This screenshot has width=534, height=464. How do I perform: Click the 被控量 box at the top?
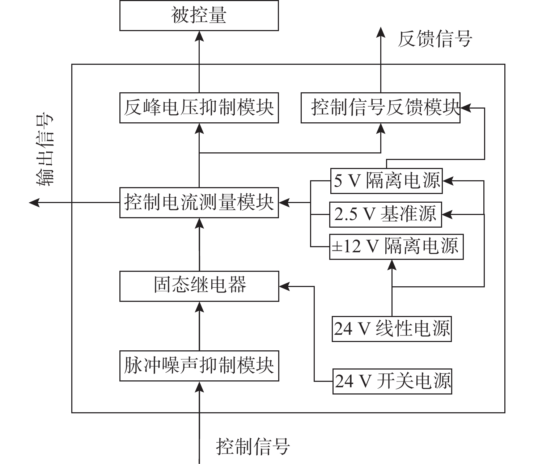pyautogui.click(x=199, y=16)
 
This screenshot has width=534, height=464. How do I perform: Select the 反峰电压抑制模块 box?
pyautogui.click(x=199, y=108)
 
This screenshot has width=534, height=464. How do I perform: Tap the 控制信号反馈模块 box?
pyautogui.click(x=381, y=108)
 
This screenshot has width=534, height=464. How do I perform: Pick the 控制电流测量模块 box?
pyautogui.click(x=199, y=202)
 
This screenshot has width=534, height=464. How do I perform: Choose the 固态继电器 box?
pyautogui.click(x=199, y=286)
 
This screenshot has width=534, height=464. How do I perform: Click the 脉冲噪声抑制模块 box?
pyautogui.click(x=199, y=366)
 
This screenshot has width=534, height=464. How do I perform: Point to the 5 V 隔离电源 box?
pyautogui.click(x=386, y=180)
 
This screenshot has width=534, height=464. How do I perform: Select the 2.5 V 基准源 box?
pyautogui.click(x=386, y=215)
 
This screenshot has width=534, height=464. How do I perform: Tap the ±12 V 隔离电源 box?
pyautogui.click(x=396, y=247)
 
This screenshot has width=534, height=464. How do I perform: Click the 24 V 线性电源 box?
pyautogui.click(x=392, y=329)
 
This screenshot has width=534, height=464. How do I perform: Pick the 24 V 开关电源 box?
pyautogui.click(x=393, y=381)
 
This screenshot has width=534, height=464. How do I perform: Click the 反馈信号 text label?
pyautogui.click(x=435, y=39)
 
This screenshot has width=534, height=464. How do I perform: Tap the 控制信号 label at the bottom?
pyautogui.click(x=253, y=446)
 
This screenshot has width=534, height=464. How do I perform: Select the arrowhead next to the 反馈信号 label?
pyautogui.click(x=381, y=33)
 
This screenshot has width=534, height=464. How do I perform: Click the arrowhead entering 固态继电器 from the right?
pyautogui.click(x=284, y=286)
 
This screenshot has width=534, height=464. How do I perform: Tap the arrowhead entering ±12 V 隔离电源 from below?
pyautogui.click(x=392, y=265)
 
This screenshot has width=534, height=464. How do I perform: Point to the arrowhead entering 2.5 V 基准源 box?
pyautogui.click(x=447, y=215)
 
